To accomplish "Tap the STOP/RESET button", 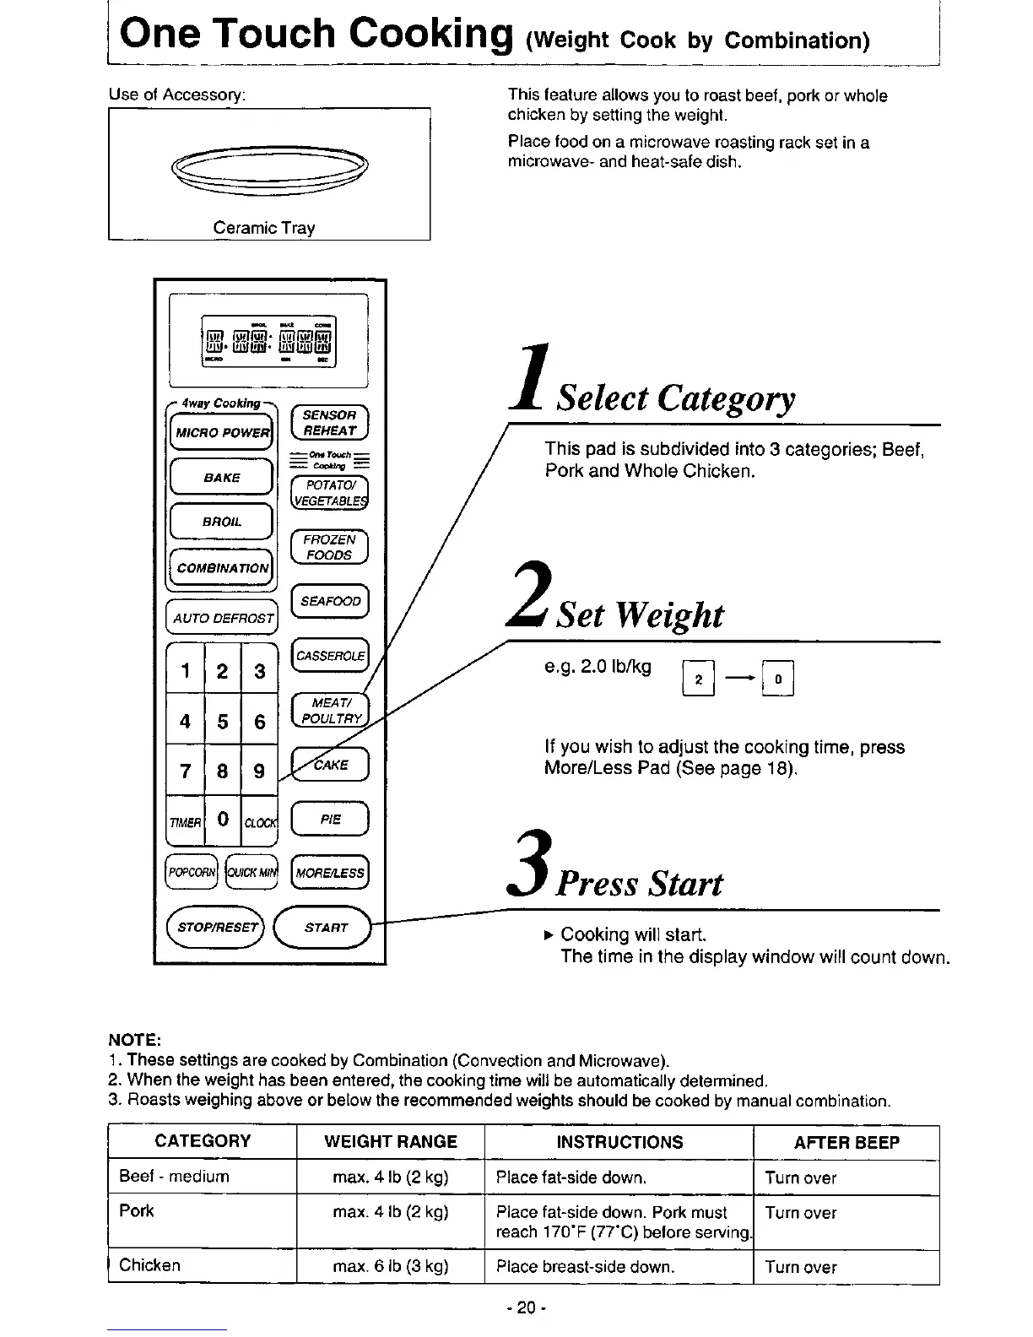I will click(216, 927).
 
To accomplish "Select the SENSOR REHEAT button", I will click(329, 423).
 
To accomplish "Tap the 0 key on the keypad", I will click(223, 819).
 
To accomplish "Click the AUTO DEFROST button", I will click(223, 618).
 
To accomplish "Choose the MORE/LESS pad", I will click(329, 873).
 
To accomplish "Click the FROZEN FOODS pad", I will click(329, 547).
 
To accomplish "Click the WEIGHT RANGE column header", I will click(391, 1142).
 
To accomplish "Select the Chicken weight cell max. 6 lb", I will click(391, 1266).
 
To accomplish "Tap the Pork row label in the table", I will click(137, 1211).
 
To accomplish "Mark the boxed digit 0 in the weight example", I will click(777, 679).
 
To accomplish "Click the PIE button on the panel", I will click(329, 820).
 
